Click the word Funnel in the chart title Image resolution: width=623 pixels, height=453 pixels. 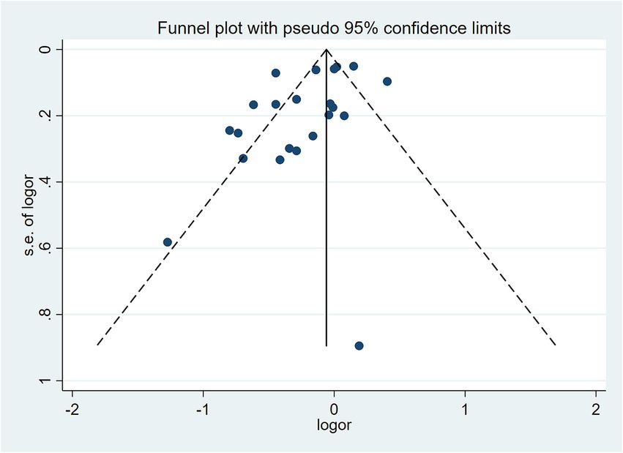179,29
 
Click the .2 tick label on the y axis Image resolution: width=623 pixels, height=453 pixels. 46,116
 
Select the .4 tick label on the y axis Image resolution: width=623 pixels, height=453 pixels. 46,181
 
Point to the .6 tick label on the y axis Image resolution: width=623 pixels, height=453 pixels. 46,248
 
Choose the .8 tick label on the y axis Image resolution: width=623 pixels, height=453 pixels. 46,315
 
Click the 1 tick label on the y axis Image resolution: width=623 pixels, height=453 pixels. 46,381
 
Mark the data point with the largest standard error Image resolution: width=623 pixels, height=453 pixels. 359,345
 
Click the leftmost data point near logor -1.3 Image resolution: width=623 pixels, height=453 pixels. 168,242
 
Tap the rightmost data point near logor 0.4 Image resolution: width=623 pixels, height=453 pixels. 387,81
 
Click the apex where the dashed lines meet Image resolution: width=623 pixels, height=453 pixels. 327,50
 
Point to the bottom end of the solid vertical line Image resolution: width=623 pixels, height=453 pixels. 327,345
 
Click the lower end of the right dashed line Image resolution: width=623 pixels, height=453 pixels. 556,345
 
